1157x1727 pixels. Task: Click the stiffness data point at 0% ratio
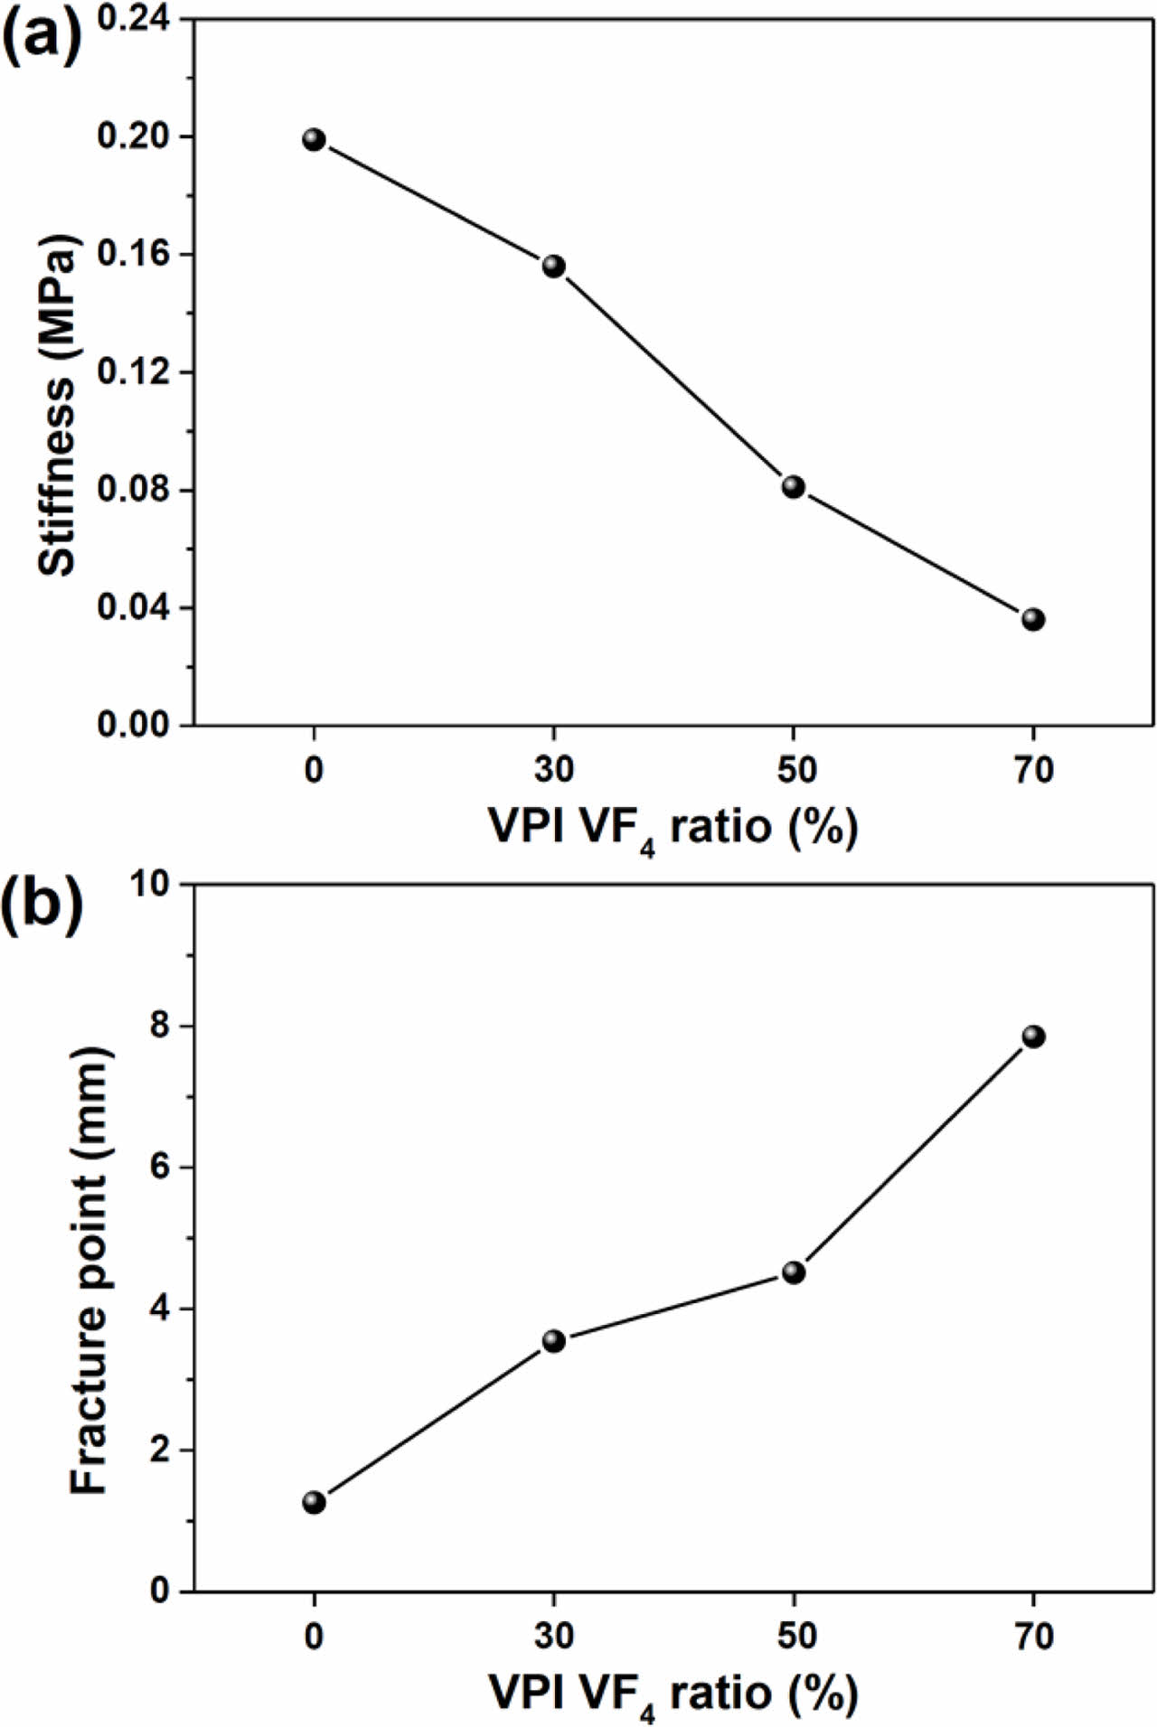click(x=314, y=139)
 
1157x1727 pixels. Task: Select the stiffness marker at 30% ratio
click(x=553, y=266)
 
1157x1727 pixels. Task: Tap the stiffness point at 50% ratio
click(x=794, y=487)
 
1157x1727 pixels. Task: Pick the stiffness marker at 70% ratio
click(x=1033, y=619)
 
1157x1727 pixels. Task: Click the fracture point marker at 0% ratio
click(x=314, y=1502)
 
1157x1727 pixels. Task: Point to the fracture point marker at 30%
click(x=553, y=1341)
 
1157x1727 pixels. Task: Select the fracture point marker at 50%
click(x=794, y=1272)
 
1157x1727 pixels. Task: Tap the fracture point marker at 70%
click(x=1033, y=1037)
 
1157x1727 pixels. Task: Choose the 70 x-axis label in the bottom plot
click(x=1033, y=1636)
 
